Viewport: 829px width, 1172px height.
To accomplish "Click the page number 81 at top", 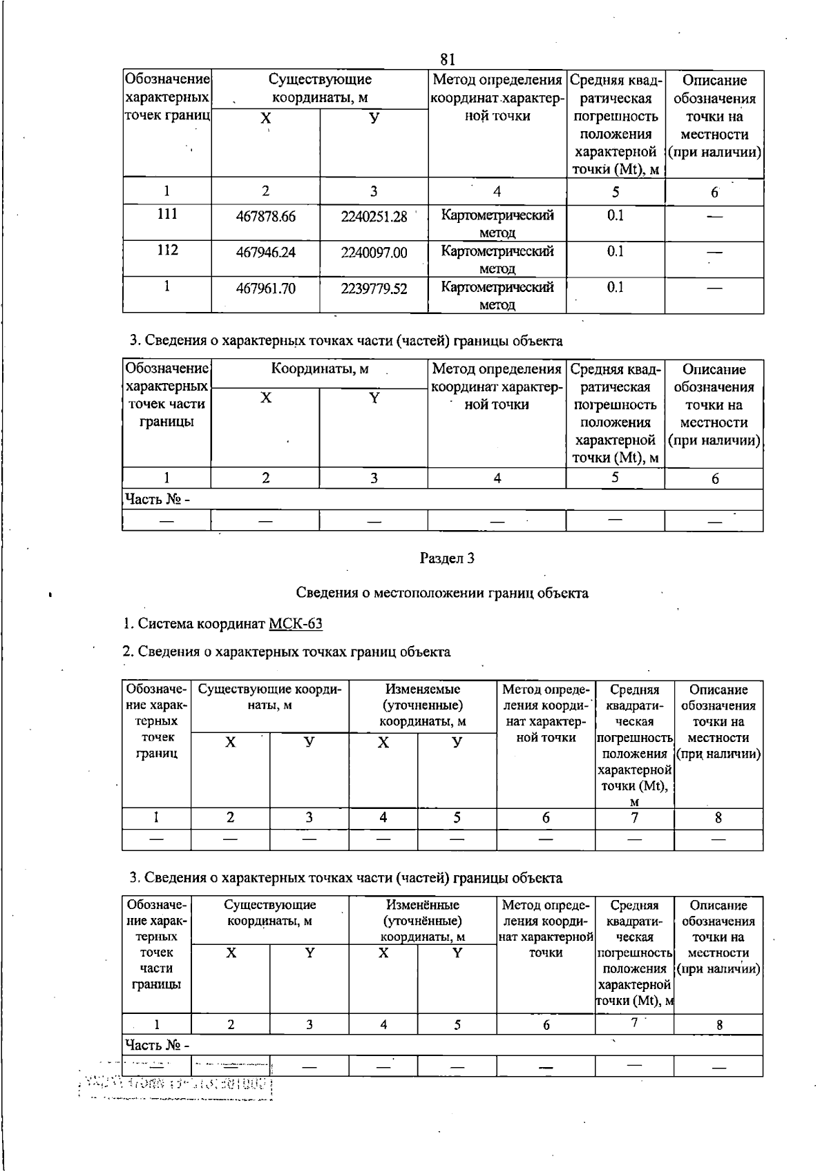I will pos(448,59).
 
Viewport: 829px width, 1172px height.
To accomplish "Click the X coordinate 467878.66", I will pos(265,217).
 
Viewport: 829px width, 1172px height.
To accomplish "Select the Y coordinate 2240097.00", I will pos(374,253).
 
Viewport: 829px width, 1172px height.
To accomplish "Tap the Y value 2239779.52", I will pos(374,289).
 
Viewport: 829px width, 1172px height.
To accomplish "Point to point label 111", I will pos(167,215).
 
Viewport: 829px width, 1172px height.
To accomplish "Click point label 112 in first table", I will pos(167,251).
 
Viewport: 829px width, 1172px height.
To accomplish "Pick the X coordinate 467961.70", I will pos(265,289).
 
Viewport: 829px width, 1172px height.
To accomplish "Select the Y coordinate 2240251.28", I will pos(374,217).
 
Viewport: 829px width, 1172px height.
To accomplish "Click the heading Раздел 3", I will pos(447,558).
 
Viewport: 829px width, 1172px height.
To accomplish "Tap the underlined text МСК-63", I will pos(295,624).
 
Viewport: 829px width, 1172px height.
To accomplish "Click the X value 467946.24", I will pos(265,253).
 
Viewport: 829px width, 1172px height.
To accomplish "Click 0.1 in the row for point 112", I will pos(615,251).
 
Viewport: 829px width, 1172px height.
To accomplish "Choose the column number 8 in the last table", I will pos(718,1025).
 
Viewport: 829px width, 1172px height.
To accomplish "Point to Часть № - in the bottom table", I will pos(156,1045).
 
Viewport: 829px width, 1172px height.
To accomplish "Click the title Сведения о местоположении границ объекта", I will pos(442,592).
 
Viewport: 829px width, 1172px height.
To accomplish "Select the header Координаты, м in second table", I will pos(319,369).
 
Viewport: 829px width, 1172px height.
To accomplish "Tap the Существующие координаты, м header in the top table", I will pos(319,89).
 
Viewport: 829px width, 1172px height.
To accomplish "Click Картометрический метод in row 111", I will pos(497,223).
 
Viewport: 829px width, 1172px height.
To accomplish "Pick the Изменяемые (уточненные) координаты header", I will pos(422,705).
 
